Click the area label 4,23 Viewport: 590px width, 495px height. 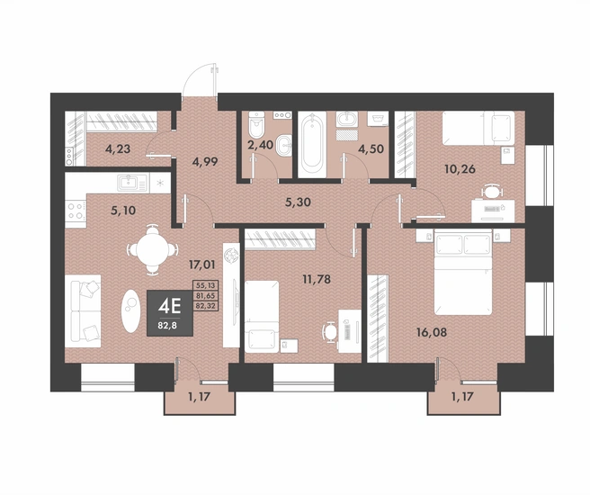(x=118, y=149)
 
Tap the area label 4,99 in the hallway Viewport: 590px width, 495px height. (x=205, y=162)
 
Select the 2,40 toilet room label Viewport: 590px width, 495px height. (x=260, y=145)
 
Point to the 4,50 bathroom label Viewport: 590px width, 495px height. (x=371, y=149)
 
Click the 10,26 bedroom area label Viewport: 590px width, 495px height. (x=460, y=169)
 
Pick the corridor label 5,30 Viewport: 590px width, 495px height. (x=298, y=202)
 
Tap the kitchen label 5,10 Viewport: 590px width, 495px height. (x=123, y=210)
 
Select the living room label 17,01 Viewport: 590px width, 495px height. (x=201, y=265)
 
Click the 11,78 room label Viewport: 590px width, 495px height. (x=317, y=279)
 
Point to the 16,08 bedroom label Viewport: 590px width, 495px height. (x=432, y=332)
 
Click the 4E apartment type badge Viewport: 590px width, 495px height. (x=170, y=313)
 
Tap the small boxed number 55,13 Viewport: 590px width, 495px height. (x=205, y=285)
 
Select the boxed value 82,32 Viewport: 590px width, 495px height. (x=205, y=306)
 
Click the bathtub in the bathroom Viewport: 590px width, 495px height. (x=312, y=144)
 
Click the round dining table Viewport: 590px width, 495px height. (x=152, y=249)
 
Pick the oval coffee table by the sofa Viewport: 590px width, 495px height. (x=130, y=310)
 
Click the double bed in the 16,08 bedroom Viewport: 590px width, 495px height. (x=463, y=272)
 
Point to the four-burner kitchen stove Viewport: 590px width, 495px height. (x=76, y=211)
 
